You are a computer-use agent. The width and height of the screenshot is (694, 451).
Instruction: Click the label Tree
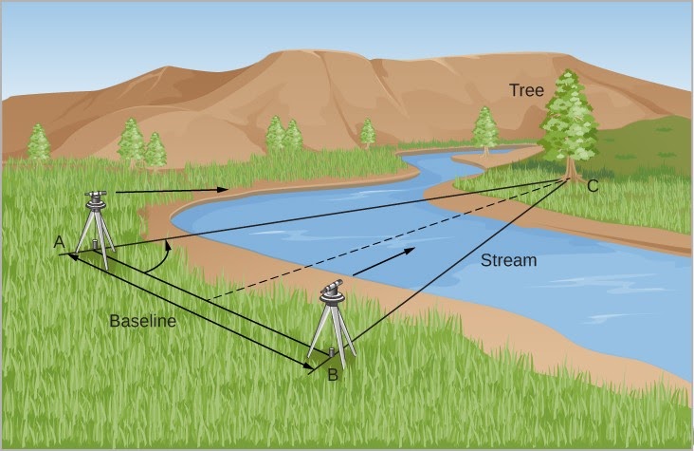coord(526,91)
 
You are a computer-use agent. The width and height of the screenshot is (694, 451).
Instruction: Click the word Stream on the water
coord(508,259)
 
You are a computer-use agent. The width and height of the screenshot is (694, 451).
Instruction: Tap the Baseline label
coord(143,321)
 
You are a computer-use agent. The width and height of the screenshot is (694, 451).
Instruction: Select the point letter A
coord(59,243)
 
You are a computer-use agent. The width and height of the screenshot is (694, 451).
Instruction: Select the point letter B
coord(332,375)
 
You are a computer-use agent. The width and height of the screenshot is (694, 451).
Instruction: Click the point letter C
coord(593,186)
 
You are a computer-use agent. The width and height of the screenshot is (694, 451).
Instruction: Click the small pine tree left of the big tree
coord(484,128)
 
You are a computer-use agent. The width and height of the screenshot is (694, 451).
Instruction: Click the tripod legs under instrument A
coord(94,233)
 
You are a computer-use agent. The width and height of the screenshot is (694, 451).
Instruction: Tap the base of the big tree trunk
coord(570,175)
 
